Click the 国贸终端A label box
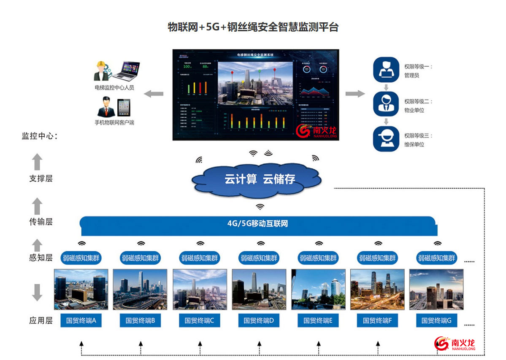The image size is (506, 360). (81, 321)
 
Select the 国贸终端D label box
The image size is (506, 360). (259, 321)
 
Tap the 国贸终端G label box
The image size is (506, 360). (436, 321)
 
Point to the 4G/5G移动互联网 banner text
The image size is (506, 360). (257, 224)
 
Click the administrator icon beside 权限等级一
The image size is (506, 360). (386, 70)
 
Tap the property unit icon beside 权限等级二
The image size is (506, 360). (386, 104)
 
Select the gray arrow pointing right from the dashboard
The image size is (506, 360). (354, 94)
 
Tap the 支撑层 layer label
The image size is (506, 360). (41, 179)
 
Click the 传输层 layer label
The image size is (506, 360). (41, 222)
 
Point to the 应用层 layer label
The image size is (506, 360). (41, 321)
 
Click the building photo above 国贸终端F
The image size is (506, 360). (377, 290)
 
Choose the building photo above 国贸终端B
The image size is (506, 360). (140, 290)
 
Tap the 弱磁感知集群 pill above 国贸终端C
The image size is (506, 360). (200, 258)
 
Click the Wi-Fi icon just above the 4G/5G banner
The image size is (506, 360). (260, 207)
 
